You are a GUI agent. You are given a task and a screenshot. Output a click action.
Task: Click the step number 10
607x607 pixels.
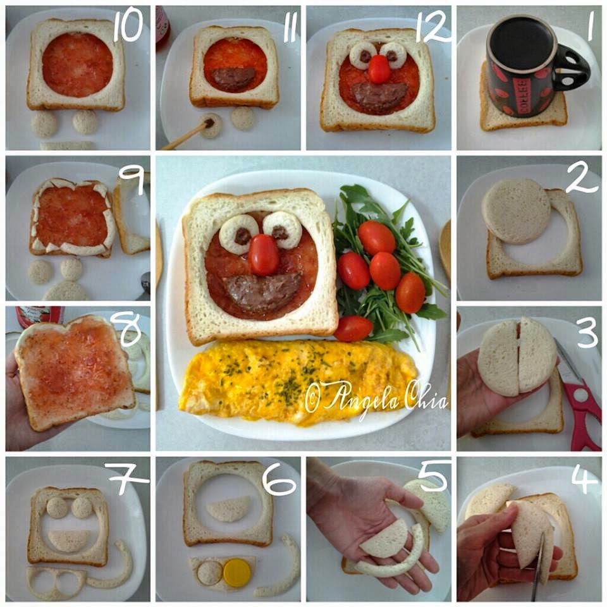click(x=128, y=27)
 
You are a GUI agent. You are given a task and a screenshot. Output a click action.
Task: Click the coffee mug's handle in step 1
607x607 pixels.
click(x=573, y=70)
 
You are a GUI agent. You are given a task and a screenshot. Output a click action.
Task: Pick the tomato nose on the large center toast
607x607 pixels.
click(x=264, y=254)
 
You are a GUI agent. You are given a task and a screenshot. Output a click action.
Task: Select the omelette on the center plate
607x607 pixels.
click(x=298, y=381)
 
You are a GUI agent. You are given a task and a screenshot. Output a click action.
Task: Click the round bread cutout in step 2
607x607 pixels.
click(x=516, y=211)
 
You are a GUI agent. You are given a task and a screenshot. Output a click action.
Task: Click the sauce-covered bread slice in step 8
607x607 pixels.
click(x=73, y=372)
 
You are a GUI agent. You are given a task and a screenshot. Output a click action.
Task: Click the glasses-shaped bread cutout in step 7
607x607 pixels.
click(x=56, y=582)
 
